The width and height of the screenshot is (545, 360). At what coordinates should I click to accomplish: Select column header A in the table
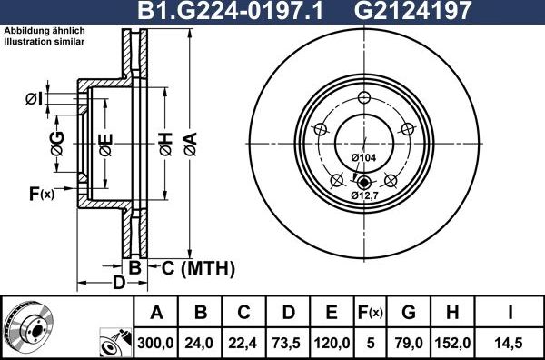click(x=156, y=314)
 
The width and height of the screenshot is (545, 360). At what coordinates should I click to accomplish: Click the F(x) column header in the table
click(x=371, y=314)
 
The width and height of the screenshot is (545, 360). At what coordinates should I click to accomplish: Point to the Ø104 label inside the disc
click(x=363, y=158)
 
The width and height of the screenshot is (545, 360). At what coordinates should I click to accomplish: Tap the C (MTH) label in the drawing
click(x=198, y=268)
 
